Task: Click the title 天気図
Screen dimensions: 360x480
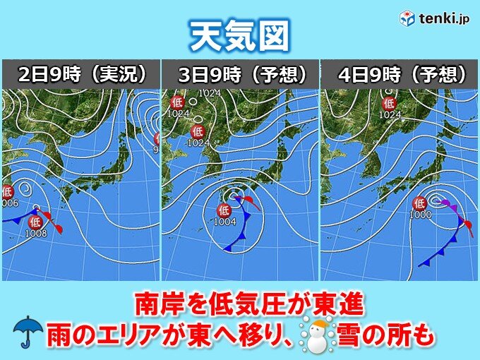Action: pyautogui.click(x=239, y=36)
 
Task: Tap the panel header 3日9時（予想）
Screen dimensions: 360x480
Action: pyautogui.click(x=239, y=74)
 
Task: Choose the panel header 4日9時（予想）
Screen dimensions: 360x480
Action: pyautogui.click(x=400, y=74)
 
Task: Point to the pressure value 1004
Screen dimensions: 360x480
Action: pyautogui.click(x=223, y=221)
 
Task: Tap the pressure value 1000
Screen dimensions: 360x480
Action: pyautogui.click(x=420, y=214)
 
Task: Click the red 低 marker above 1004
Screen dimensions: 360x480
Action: pyautogui.click(x=223, y=210)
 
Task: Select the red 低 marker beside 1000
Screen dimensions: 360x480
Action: pyautogui.click(x=419, y=202)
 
